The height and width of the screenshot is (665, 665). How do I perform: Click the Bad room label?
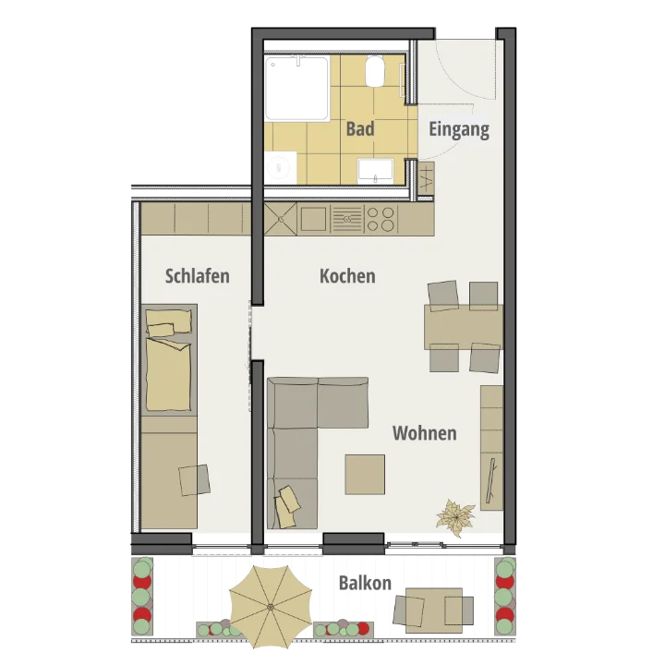pyautogui.click(x=360, y=128)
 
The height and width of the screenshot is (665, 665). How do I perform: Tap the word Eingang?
pyautogui.click(x=459, y=129)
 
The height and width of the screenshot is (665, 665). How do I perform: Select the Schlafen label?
pyautogui.click(x=198, y=276)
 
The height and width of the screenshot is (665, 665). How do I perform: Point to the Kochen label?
pyautogui.click(x=347, y=276)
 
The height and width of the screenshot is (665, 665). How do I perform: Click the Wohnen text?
pyautogui.click(x=425, y=433)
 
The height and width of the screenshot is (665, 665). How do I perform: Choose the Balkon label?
pyautogui.click(x=365, y=583)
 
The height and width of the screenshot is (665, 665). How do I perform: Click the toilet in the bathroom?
pyautogui.click(x=375, y=71)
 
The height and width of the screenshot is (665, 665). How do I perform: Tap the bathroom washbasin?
pyautogui.click(x=375, y=171)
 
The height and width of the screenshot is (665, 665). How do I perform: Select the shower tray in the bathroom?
pyautogui.click(x=296, y=89)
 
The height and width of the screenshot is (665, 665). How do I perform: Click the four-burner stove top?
pyautogui.click(x=381, y=219)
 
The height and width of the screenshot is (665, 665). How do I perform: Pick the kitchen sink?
pyautogui.click(x=313, y=219)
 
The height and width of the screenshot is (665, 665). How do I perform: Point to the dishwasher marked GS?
pyautogui.click(x=347, y=219)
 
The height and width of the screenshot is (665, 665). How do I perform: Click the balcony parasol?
pyautogui.click(x=271, y=607)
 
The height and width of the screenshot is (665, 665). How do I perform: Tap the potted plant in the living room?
pyautogui.click(x=455, y=518)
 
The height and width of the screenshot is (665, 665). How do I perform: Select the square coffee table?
pyautogui.click(x=365, y=475)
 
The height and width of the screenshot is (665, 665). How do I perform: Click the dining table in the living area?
pyautogui.click(x=464, y=327)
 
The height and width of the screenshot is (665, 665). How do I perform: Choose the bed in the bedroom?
pyautogui.click(x=169, y=359)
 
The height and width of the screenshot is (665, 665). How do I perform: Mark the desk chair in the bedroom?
pyautogui.click(x=194, y=480)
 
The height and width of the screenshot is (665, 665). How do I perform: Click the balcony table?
pyautogui.click(x=434, y=611)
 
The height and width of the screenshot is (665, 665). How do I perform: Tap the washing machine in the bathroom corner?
pyautogui.click(x=281, y=168)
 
